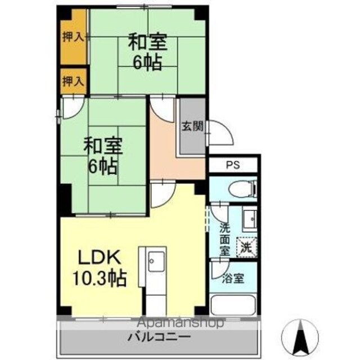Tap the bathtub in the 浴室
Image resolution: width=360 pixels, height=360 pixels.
pos(233,305)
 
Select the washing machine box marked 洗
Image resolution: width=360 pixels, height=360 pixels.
pos(247,247)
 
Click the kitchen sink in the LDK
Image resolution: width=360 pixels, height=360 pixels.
pos(156,261)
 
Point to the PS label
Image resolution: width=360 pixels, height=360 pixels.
pos(233,165)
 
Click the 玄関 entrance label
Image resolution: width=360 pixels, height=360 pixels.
pos(192,126)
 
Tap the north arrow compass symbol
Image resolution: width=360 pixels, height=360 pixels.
pos(300,337)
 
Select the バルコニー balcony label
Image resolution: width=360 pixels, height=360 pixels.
pos(159,337)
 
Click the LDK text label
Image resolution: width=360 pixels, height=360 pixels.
pos(100,257)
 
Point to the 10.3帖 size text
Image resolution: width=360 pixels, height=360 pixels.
pos(100,278)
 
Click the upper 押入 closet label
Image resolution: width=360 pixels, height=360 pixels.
pos(73,37)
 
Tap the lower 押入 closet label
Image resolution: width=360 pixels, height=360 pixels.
pos(73,81)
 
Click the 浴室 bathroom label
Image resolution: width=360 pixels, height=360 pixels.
pos(233,278)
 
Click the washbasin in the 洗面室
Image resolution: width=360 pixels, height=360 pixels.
pos(250,219)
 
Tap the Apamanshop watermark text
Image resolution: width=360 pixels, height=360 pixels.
pos(181,323)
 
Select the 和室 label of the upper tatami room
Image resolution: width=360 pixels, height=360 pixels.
pos(147,42)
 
